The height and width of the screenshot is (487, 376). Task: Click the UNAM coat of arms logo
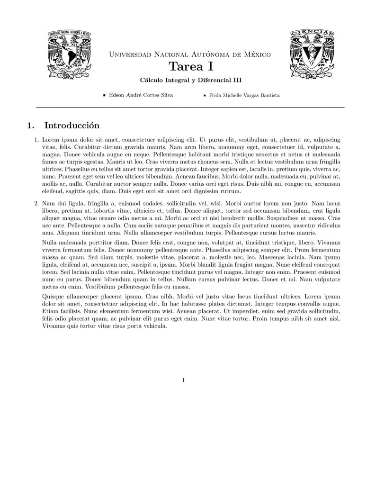[x=69, y=54]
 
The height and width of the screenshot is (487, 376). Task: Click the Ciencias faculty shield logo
[x=312, y=53]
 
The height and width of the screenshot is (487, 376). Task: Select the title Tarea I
[x=190, y=67]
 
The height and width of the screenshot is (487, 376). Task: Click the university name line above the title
[x=190, y=54]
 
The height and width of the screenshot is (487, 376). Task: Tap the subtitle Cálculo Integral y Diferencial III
[x=190, y=81]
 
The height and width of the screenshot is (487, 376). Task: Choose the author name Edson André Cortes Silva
[x=141, y=95]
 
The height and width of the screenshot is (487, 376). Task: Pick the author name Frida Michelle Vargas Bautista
[x=244, y=95]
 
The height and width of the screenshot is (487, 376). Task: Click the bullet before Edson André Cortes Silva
[x=104, y=95]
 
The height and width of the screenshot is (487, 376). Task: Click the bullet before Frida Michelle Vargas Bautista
[x=205, y=95]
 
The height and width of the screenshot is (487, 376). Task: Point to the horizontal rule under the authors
[x=190, y=108]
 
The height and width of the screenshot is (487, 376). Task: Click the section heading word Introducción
[x=72, y=126]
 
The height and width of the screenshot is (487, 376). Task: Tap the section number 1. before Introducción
[x=31, y=126]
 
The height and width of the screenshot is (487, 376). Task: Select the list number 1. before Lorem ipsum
[x=36, y=140]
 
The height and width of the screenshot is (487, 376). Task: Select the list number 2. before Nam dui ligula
[x=36, y=203]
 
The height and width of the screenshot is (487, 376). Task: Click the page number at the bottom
[x=183, y=380]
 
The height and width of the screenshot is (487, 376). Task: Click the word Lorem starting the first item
[x=51, y=140]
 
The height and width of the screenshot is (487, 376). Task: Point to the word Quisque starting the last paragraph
[x=53, y=296]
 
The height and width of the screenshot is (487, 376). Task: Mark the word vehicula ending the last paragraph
[x=153, y=326]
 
